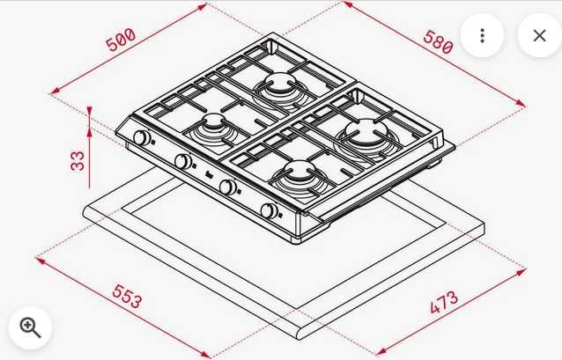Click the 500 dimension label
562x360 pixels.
coord(122,40)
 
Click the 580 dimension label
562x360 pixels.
coord(439,42)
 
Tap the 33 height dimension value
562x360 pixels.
coord(78,160)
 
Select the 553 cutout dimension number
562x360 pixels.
coord(127,296)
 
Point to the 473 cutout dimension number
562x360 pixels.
coord(444,303)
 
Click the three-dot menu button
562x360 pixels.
coord(482,35)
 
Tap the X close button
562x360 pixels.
coord(539,35)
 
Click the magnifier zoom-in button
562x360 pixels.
coord(30,327)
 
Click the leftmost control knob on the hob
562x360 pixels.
coord(142,137)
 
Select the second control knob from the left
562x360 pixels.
coord(183,161)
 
